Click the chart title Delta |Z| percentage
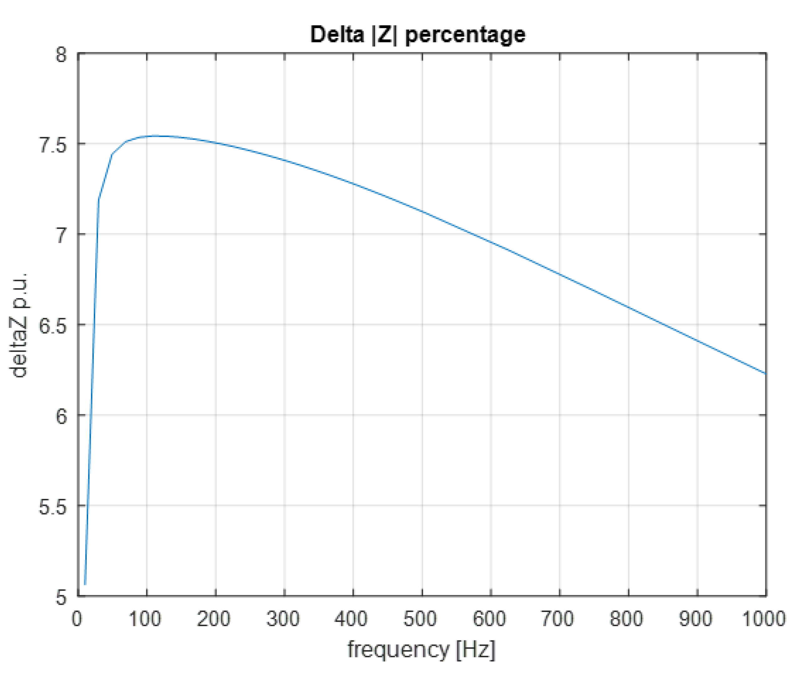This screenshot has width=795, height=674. (418, 34)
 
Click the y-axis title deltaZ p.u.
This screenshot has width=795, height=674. (19, 325)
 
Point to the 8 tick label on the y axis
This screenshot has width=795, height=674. (61, 54)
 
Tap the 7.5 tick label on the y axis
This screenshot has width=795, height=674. (53, 144)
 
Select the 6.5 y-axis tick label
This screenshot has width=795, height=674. (53, 325)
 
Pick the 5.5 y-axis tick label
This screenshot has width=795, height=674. (53, 506)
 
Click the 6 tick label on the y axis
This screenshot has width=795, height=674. (61, 416)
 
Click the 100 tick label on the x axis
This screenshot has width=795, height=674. (145, 619)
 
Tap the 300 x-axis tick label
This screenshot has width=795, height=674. (283, 619)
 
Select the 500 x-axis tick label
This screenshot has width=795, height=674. (420, 619)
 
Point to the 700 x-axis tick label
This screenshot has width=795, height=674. (558, 619)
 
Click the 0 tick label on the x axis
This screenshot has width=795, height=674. (77, 619)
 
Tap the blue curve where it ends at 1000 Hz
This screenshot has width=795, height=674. (765, 373)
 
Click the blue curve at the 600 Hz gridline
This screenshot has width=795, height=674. (491, 241)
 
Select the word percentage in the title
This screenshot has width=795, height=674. (465, 34)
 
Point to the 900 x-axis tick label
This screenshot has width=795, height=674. (695, 619)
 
